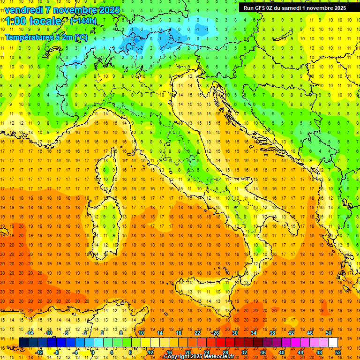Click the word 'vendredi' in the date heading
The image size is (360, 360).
(x=23, y=10)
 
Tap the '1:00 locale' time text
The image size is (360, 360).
(x=33, y=21)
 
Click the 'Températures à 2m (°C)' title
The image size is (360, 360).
(x=46, y=37)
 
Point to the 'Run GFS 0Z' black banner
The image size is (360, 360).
(x=294, y=7)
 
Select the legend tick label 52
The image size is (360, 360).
(x=338, y=352)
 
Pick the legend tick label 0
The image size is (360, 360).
(x=93, y=352)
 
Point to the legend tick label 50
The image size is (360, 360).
(x=328, y=333)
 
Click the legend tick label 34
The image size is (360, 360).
(x=253, y=333)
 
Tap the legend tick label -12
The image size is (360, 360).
(x=39, y=352)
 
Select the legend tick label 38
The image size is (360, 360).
(x=272, y=333)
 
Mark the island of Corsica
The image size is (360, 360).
(x=108, y=171)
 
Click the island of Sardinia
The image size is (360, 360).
(x=103, y=225)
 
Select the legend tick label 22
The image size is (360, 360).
(x=197, y=333)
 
